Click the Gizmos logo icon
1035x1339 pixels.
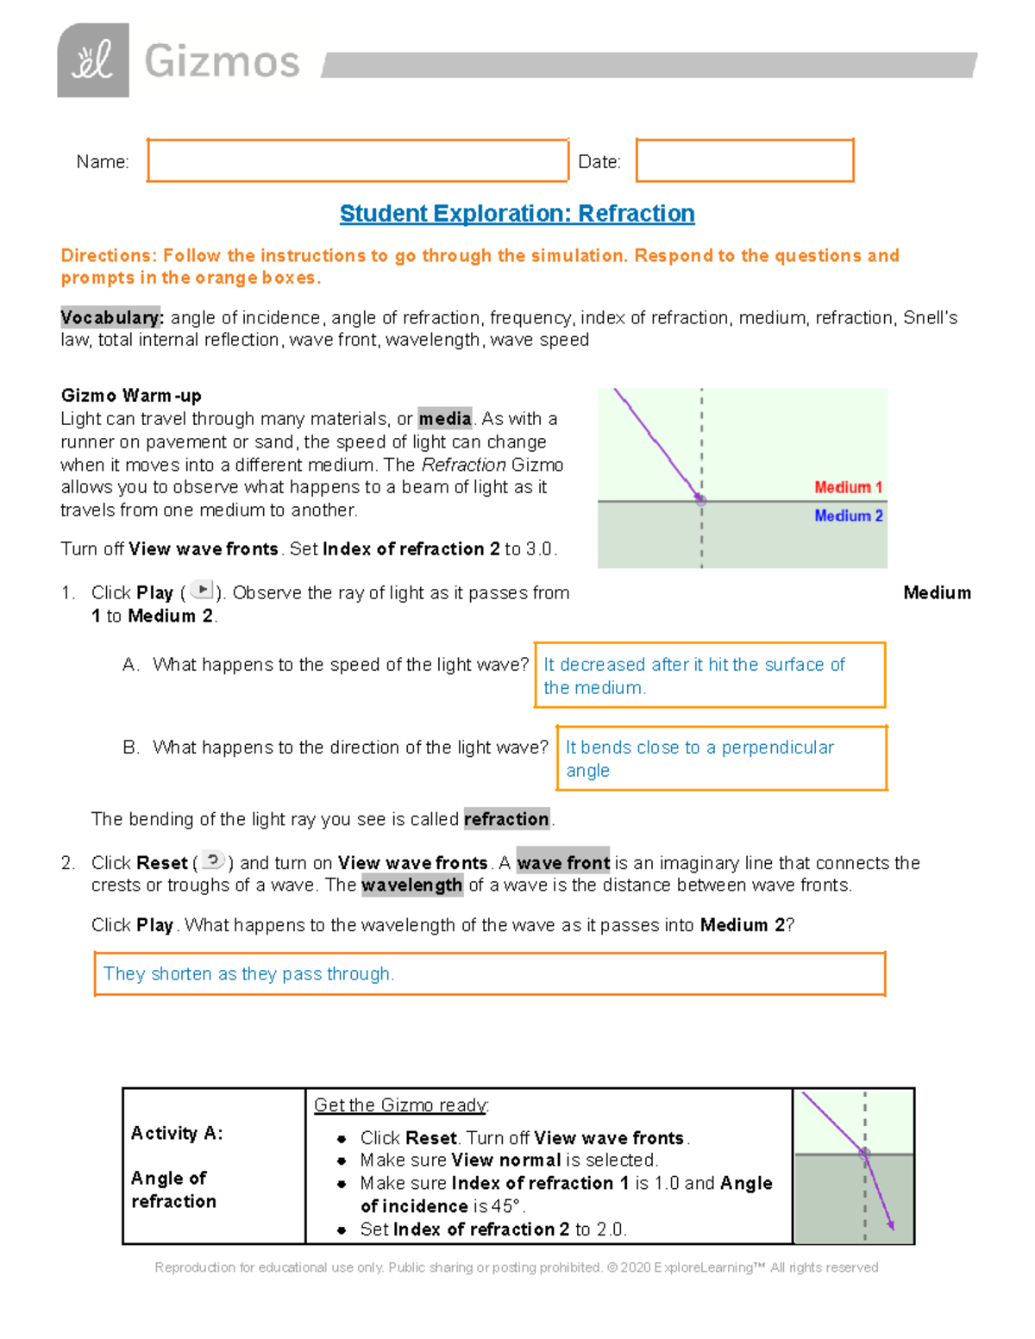click(x=93, y=60)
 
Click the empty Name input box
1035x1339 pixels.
click(x=357, y=160)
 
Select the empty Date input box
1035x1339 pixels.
click(x=744, y=160)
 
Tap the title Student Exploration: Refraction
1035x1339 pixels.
click(x=517, y=214)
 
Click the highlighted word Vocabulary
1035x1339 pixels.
click(x=110, y=317)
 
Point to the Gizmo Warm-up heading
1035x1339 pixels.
click(x=131, y=396)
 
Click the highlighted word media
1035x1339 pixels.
click(x=444, y=419)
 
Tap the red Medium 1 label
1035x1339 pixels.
click(x=848, y=487)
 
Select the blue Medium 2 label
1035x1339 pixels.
click(x=848, y=516)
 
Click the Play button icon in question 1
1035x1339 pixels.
click(x=202, y=591)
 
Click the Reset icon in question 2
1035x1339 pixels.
click(x=213, y=860)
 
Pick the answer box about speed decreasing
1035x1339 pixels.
click(x=709, y=675)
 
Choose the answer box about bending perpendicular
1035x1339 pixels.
click(x=721, y=758)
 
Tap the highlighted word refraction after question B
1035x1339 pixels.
click(x=506, y=819)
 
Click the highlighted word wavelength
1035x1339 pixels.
click(x=411, y=885)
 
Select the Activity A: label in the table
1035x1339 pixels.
click(x=177, y=1133)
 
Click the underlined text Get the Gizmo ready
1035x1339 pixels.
click(x=401, y=1105)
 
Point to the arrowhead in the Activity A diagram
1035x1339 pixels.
click(x=890, y=1225)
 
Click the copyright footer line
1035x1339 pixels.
click(x=516, y=1267)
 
